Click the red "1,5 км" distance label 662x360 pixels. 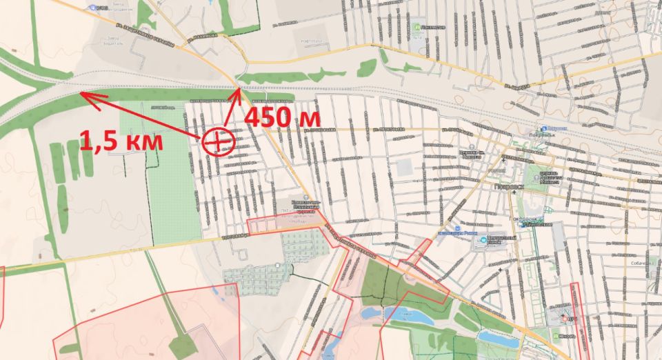(x=121, y=141)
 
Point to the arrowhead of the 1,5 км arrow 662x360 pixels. (x=81, y=94)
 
